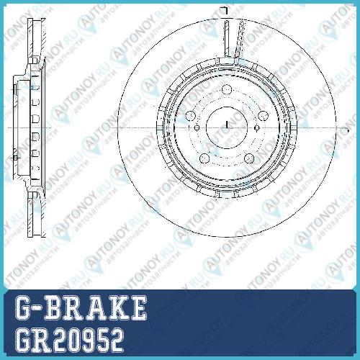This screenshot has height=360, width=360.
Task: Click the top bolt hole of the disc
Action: point(227,89)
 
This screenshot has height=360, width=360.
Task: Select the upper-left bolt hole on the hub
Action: point(191,116)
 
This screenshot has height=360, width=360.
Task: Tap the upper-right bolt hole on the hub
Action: point(263,116)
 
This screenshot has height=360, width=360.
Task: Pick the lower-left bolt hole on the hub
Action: point(204,158)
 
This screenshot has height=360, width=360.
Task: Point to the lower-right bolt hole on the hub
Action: point(249,158)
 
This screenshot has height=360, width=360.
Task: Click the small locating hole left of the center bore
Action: point(197,127)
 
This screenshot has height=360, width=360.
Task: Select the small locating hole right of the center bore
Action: point(257,127)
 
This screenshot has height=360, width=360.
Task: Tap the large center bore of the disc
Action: point(227,127)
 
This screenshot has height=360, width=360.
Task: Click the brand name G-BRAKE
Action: point(81,307)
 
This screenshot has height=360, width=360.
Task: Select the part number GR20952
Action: point(69,340)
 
